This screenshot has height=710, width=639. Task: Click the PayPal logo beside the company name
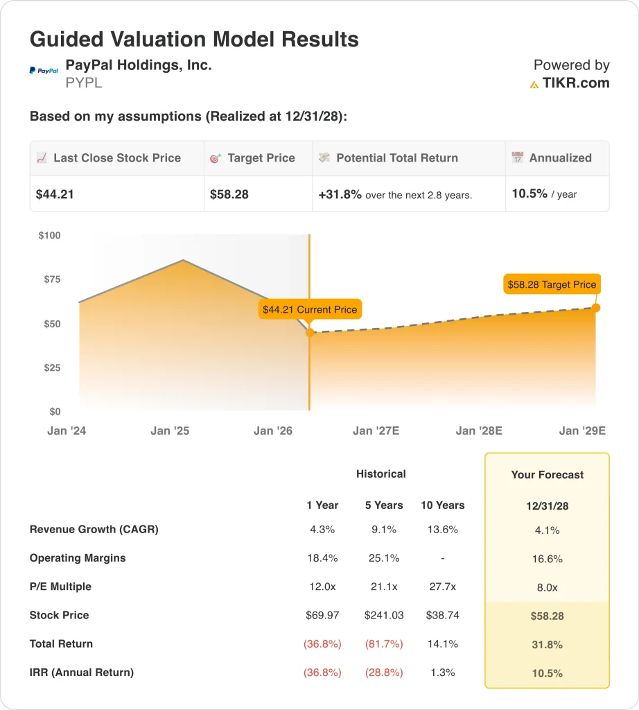44,71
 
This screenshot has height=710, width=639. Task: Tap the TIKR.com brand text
576,84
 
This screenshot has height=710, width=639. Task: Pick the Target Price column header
261,158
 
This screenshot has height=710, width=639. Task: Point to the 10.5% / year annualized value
544,194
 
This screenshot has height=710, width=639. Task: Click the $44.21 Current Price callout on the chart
310,309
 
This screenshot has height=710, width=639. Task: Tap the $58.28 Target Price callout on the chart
552,284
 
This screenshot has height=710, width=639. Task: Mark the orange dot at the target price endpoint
596,308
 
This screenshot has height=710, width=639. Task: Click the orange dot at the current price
310,333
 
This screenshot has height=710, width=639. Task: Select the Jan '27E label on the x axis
376,431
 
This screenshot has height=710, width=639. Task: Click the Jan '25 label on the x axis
170,431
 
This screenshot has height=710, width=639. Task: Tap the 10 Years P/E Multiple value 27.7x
442,587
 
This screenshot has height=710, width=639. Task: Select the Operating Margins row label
78,558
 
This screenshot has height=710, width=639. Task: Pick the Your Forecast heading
548,475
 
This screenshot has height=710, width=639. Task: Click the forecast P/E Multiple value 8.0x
548,587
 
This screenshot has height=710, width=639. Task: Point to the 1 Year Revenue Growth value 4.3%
322,530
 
